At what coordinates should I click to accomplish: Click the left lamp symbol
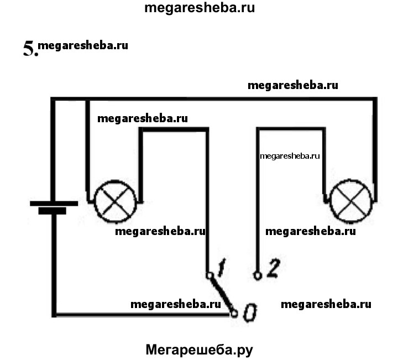[115, 201]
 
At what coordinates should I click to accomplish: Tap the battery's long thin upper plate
[54, 203]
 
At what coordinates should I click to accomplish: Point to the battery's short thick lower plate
[52, 211]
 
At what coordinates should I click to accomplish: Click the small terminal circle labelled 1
[209, 275]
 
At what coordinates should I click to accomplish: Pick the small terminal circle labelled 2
[257, 275]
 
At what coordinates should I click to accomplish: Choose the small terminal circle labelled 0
[234, 314]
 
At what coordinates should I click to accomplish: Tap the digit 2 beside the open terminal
[273, 269]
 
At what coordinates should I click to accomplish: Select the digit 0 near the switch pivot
[249, 313]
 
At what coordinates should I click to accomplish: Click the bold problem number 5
[30, 49]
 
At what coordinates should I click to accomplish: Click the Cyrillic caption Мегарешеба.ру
[199, 349]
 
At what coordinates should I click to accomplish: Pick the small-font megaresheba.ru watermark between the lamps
[290, 156]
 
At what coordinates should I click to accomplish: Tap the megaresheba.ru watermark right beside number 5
[83, 45]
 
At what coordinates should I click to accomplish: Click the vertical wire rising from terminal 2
[258, 199]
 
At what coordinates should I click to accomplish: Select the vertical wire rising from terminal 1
[208, 199]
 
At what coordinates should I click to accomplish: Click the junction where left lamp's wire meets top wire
[87, 100]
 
